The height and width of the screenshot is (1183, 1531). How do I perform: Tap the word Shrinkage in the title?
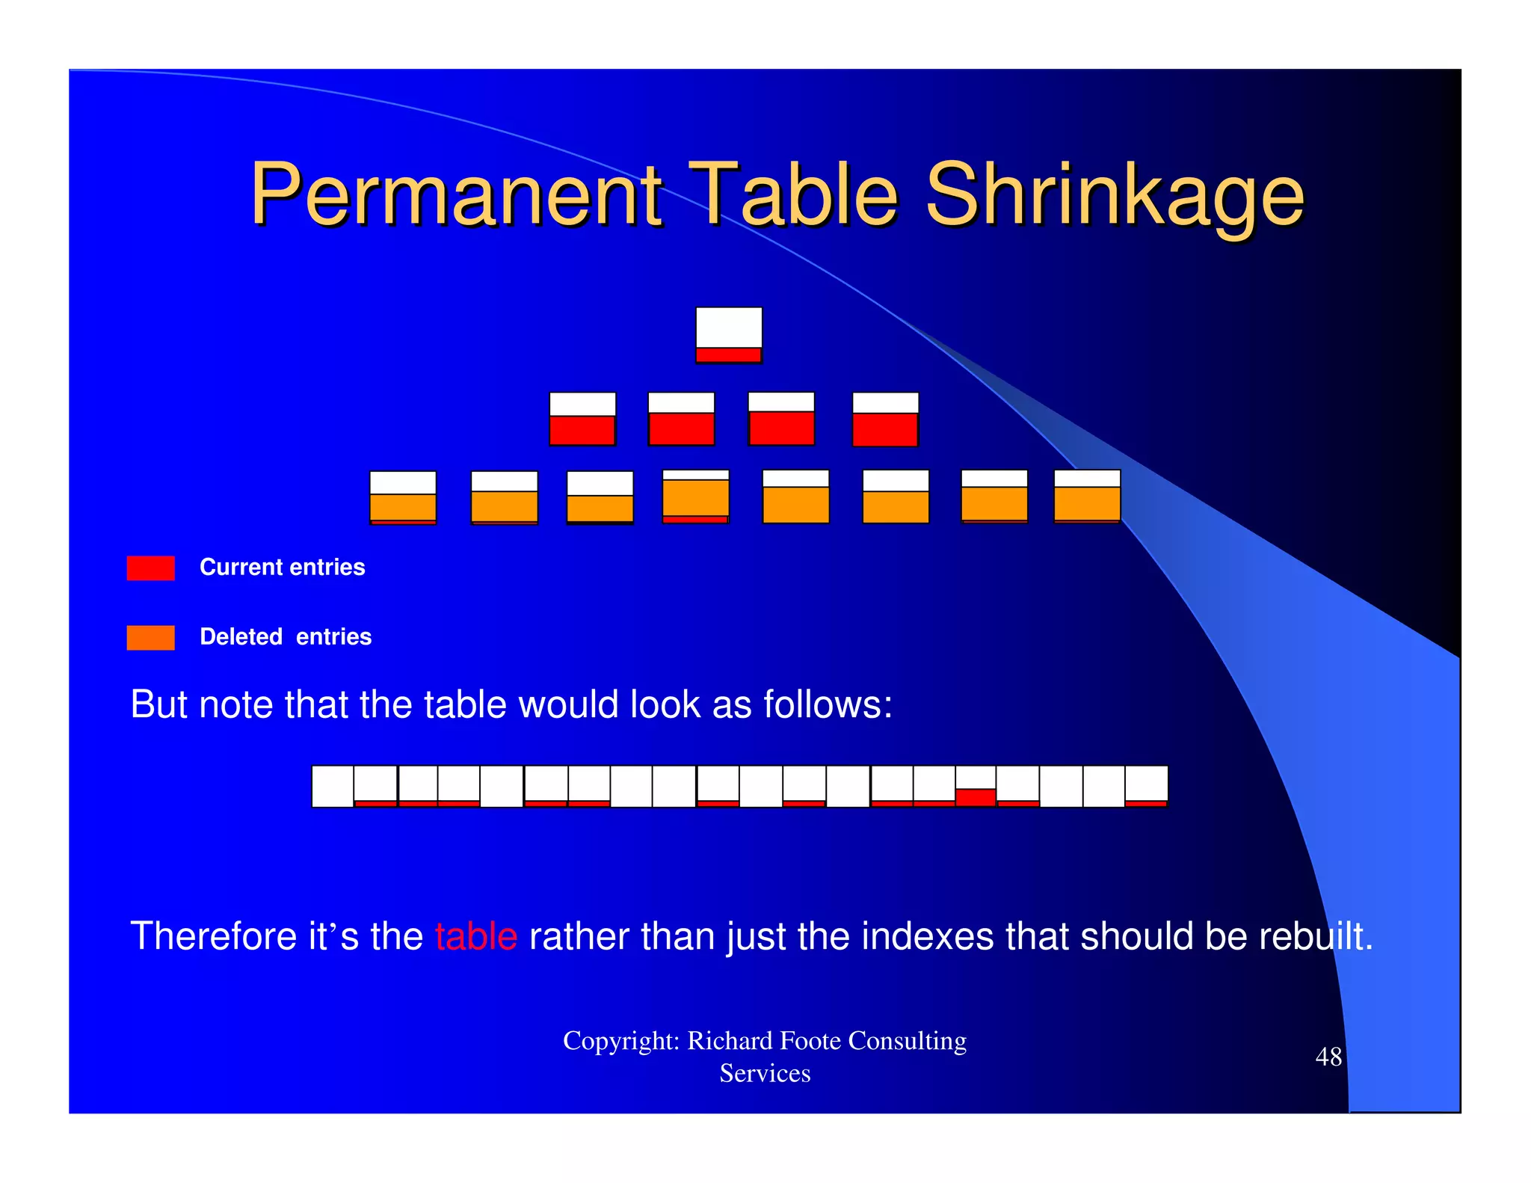[x=1115, y=196]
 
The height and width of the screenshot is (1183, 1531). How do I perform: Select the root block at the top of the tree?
[x=729, y=335]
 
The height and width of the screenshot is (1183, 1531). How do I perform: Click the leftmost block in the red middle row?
[x=582, y=419]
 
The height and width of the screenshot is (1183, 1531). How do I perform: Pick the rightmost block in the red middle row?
[x=885, y=419]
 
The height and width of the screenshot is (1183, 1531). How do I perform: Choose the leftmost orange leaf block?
[x=403, y=497]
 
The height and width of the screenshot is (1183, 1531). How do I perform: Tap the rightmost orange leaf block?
[x=1087, y=496]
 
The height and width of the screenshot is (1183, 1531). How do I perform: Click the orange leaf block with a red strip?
[x=695, y=497]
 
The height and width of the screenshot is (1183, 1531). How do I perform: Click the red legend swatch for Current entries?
[x=151, y=568]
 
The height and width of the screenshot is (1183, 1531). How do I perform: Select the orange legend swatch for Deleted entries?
[x=151, y=638]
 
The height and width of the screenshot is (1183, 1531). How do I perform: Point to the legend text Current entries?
[x=282, y=568]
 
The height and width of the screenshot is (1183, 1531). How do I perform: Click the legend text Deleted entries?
[x=286, y=637]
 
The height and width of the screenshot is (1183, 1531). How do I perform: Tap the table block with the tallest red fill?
[x=976, y=787]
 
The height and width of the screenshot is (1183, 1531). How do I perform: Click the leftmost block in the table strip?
[x=333, y=787]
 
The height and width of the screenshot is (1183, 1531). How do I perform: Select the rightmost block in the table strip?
[x=1146, y=787]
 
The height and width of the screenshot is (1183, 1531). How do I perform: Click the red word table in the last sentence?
[x=476, y=936]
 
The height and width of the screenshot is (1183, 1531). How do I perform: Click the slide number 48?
[x=1328, y=1057]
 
